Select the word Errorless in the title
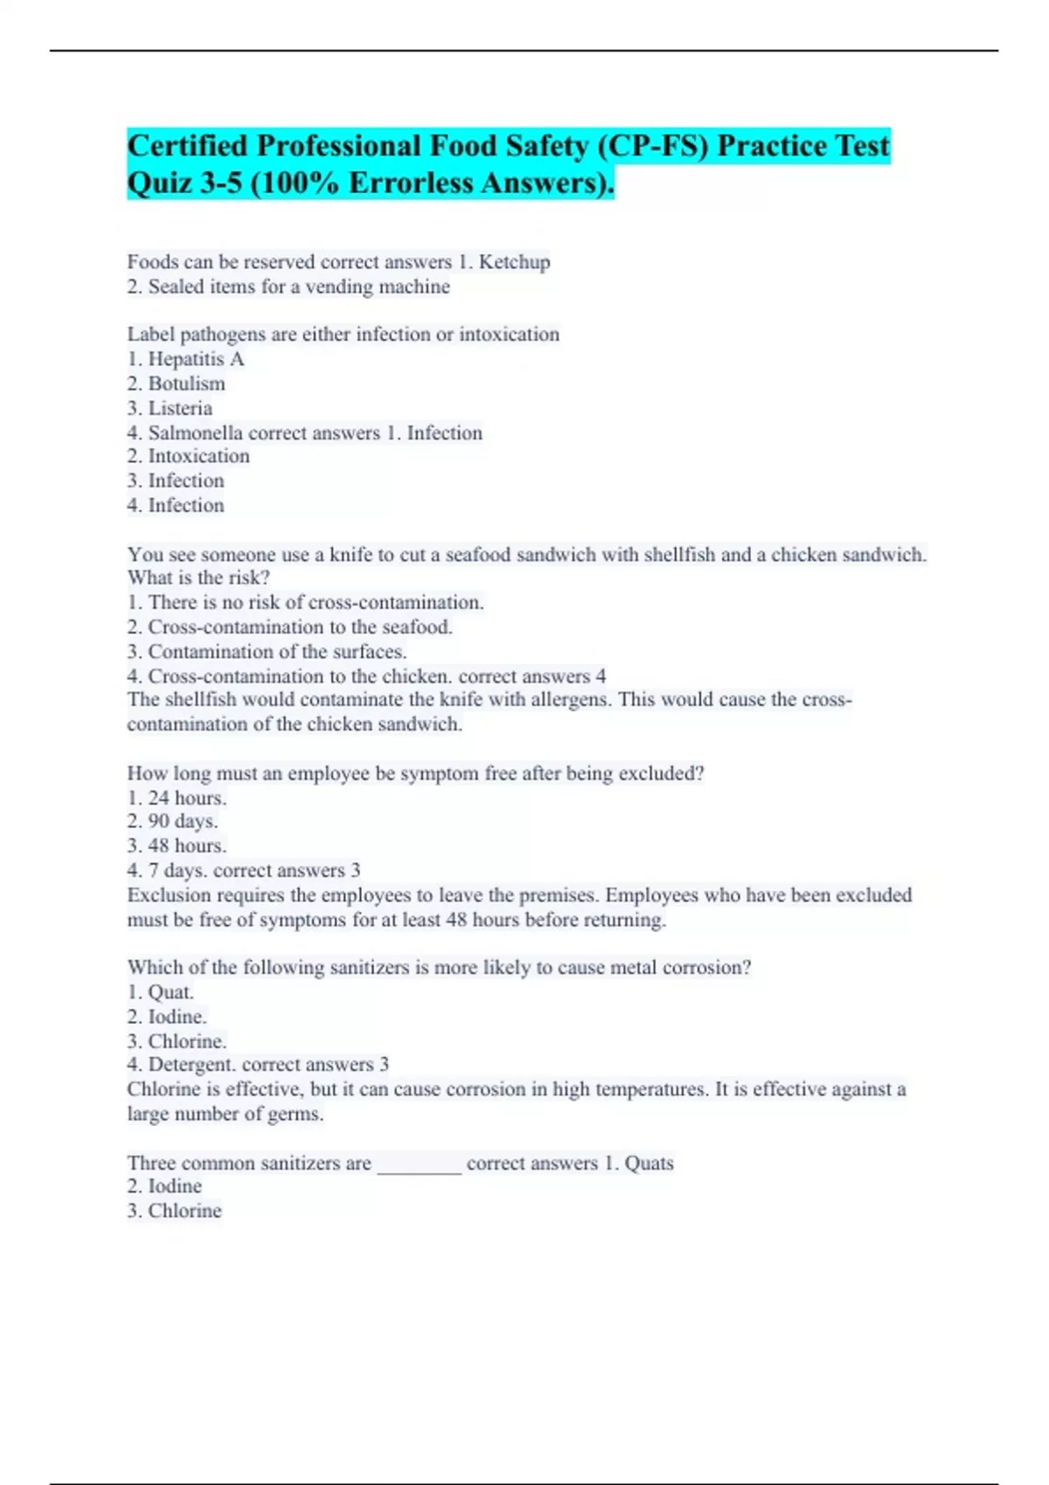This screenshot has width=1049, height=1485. coord(423,183)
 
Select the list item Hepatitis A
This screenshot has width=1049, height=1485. coord(196,359)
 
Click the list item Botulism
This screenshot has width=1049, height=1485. coord(186,383)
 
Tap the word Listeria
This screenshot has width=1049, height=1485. coord(180,408)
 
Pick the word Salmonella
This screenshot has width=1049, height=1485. coord(195,433)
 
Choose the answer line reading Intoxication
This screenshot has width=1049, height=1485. coord(198,456)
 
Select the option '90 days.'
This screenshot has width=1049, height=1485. coord(183,821)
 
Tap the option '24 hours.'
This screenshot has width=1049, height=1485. coord(187,798)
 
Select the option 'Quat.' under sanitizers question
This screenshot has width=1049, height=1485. coord(170,992)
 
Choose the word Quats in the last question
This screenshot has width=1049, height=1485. coord(649,1164)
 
